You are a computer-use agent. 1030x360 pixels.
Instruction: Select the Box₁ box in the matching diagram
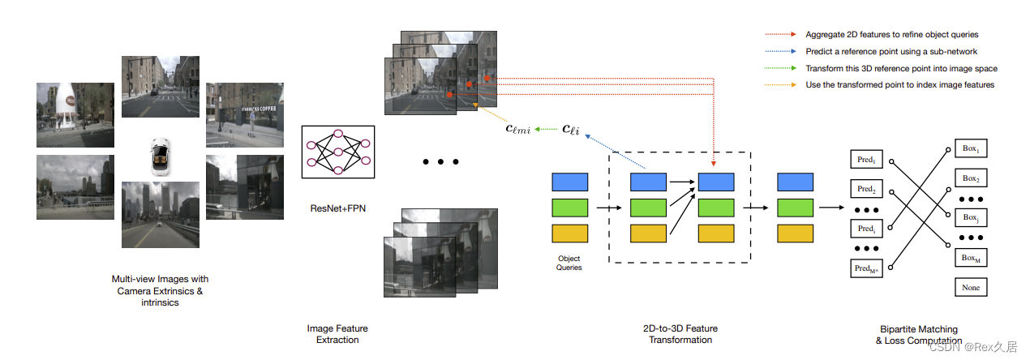point(971,150)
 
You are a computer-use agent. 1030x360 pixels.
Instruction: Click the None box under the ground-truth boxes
point(971,288)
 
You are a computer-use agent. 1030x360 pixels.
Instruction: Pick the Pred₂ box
point(866,189)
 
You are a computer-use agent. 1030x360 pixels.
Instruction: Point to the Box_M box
point(971,258)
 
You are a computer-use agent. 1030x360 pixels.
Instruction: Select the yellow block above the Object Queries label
point(569,234)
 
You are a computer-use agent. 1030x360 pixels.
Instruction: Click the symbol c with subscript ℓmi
point(518,128)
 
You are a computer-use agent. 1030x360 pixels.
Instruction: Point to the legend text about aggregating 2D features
point(891,35)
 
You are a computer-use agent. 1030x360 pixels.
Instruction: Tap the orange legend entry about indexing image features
point(899,85)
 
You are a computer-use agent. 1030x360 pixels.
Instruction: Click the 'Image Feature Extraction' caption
point(337,334)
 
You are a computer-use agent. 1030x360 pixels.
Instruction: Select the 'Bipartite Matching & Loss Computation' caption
point(919,335)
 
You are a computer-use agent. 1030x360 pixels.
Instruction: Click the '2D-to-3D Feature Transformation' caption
point(680,334)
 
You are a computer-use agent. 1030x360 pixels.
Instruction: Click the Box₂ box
point(971,178)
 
